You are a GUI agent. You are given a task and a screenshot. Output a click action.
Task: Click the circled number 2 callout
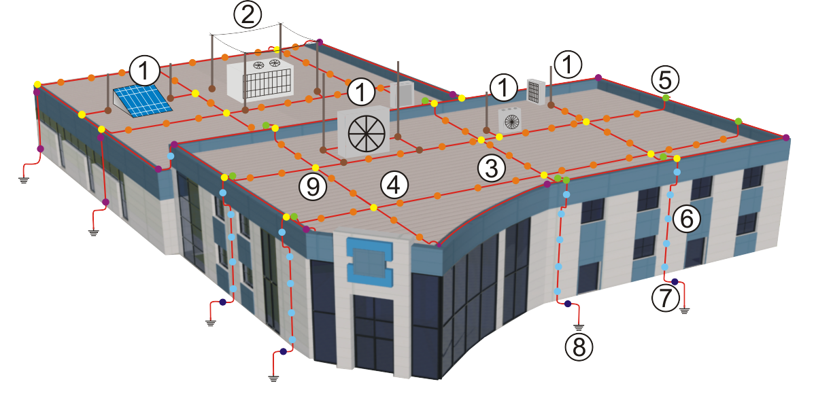point(247,14)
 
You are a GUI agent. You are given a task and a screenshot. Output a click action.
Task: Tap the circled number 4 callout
point(394,184)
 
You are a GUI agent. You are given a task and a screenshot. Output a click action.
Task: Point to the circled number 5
point(664,80)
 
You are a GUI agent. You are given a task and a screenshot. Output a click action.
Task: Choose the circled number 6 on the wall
point(686,219)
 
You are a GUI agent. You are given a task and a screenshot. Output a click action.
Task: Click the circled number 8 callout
point(579,347)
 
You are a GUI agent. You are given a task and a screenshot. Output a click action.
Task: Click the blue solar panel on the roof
point(141,101)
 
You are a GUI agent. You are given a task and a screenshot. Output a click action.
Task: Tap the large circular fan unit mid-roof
point(365,130)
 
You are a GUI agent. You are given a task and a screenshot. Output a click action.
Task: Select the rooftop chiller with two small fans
point(260,78)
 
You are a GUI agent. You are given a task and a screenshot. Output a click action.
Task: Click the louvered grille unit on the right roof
point(537,92)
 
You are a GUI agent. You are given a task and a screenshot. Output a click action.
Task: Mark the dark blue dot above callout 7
point(675,281)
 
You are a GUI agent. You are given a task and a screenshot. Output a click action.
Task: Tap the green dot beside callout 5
point(666,99)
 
